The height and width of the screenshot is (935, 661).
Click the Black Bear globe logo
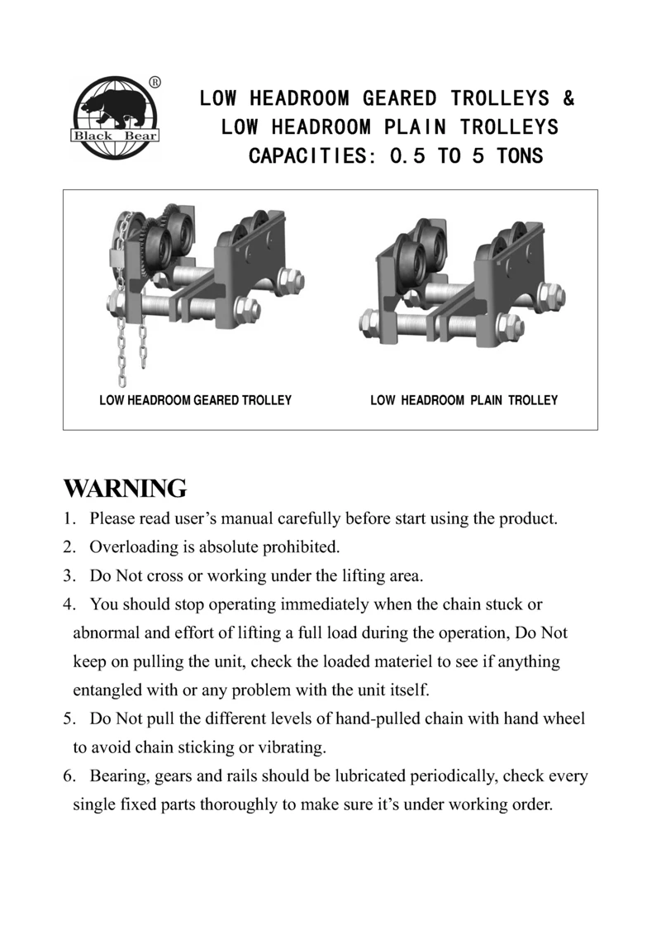point(115,117)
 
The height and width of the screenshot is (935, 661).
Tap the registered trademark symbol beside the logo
point(155,82)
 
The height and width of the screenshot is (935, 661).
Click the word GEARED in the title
point(398,99)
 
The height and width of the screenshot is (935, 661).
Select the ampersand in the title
point(568,99)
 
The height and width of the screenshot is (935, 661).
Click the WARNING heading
point(125,489)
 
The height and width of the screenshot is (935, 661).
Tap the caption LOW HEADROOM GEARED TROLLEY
point(196,400)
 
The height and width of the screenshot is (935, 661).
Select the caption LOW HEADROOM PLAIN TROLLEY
point(464,400)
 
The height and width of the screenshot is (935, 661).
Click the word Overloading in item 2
point(132,547)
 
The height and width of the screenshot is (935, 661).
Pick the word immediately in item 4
point(325,604)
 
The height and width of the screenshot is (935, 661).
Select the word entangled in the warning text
point(110,689)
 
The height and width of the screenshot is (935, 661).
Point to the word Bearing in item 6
point(117,777)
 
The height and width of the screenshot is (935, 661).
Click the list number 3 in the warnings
point(69,576)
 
